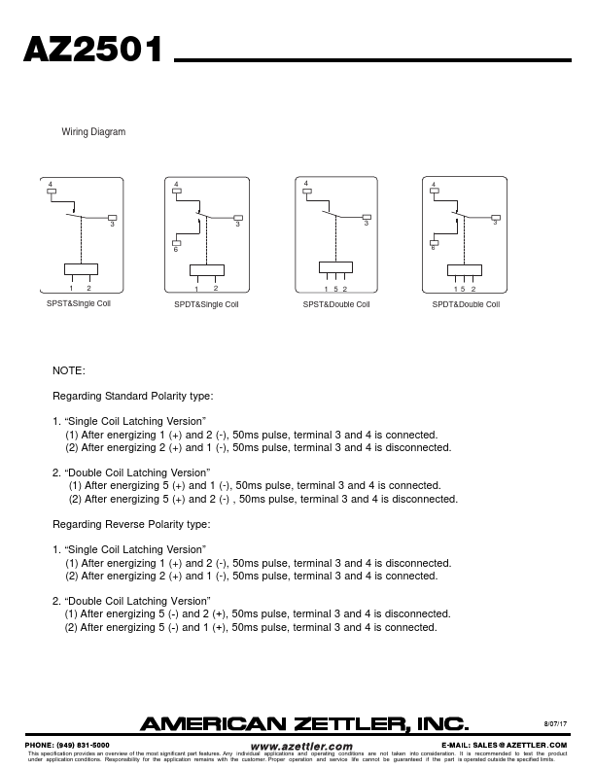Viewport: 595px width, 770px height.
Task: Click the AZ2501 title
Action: click(x=93, y=51)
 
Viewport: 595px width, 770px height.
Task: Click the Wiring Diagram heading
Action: click(x=93, y=131)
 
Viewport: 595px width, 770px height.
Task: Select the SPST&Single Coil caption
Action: click(x=79, y=303)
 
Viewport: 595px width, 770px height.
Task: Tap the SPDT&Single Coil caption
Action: click(x=205, y=304)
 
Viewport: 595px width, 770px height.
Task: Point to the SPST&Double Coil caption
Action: click(x=336, y=304)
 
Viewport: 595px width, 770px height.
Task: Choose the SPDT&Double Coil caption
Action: click(x=466, y=304)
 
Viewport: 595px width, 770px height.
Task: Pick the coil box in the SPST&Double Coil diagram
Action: click(x=335, y=269)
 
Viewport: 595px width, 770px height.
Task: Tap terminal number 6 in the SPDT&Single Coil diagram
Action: click(x=176, y=250)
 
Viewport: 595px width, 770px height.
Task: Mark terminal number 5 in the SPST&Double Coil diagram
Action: click(x=335, y=290)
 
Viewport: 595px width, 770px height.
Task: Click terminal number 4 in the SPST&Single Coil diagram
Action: click(x=49, y=183)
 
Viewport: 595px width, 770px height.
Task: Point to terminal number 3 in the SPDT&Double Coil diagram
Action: click(x=494, y=224)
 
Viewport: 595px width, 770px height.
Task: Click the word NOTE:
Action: click(x=68, y=370)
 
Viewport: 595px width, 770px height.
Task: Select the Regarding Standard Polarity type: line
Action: click(x=132, y=396)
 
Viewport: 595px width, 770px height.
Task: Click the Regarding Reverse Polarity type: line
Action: click(x=130, y=524)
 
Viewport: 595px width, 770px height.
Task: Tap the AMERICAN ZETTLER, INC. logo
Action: click(x=305, y=723)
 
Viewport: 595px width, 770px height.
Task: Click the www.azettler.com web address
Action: click(x=301, y=745)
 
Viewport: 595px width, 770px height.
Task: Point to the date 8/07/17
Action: click(x=554, y=722)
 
